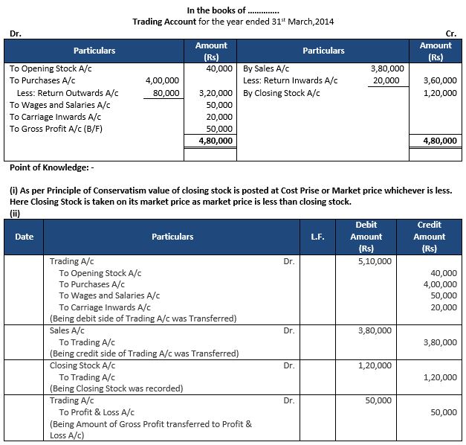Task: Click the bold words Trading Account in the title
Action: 164,22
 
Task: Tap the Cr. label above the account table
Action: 450,34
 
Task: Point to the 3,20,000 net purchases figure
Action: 216,93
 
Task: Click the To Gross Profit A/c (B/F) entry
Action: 56,129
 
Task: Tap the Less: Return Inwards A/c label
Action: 290,80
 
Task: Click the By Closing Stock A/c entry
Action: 282,93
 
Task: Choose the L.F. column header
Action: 317,237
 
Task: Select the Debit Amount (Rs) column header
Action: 366,237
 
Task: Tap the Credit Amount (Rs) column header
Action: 428,237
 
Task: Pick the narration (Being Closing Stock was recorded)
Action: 116,388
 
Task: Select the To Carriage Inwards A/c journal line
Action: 105,307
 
